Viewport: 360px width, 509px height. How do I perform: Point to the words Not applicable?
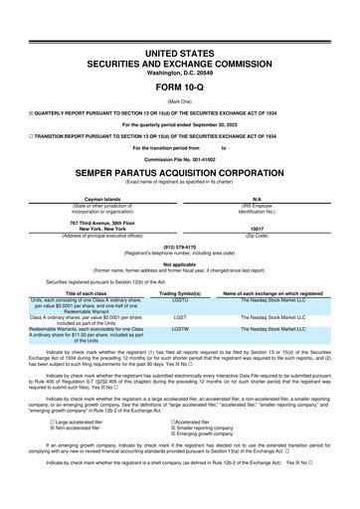click(180, 263)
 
